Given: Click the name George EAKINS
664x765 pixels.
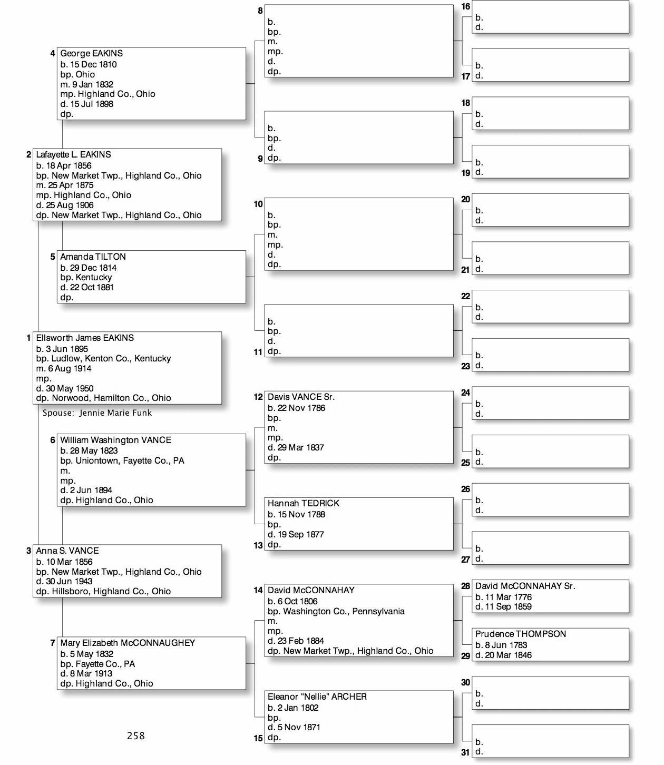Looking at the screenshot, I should tap(91, 53).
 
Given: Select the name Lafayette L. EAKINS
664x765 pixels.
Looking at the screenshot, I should tap(73, 154).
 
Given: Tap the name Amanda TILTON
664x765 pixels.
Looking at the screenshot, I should tap(93, 257).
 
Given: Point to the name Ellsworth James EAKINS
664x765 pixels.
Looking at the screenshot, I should tap(85, 338).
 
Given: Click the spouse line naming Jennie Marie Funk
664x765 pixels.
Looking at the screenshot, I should tap(97, 413).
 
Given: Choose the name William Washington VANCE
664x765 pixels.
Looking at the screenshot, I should tap(115, 440).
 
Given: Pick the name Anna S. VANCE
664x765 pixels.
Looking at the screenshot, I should tap(67, 551).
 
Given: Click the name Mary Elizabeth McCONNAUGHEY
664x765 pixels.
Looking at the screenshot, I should tap(128, 643).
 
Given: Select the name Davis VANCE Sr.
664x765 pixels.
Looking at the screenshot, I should tap(301, 397).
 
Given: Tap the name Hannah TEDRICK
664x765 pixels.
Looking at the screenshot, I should tap(304, 503).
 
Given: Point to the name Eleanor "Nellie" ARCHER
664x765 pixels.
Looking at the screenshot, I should tap(317, 697).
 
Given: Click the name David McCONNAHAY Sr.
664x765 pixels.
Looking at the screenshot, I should tap(525, 586).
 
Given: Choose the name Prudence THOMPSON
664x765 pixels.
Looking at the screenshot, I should tap(521, 634).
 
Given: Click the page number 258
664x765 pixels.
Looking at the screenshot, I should tap(136, 736).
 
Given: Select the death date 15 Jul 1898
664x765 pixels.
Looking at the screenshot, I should tap(91, 104).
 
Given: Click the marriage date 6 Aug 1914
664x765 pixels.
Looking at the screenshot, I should tap(69, 368).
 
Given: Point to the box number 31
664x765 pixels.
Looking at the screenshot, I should tap(465, 753).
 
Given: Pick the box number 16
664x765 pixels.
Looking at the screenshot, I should tap(465, 7).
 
